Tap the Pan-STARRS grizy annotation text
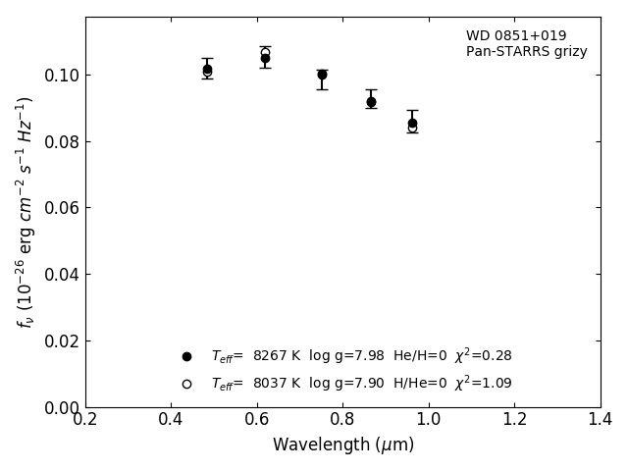coord(526,52)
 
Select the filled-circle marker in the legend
coord(186,356)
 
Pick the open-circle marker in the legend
coord(186,384)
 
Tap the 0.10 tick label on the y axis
coord(61,76)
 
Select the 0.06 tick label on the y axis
coord(61,208)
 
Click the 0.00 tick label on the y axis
coord(61,407)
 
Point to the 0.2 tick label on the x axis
coord(85,420)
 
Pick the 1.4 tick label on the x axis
coord(601,420)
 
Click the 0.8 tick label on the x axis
coord(342,420)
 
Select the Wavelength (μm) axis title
coord(342,445)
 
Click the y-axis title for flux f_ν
coord(26,211)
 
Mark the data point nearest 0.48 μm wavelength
coord(207,70)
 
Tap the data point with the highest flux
coord(265,58)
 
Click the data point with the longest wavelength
coord(412,124)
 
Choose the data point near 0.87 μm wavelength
coord(371,102)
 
